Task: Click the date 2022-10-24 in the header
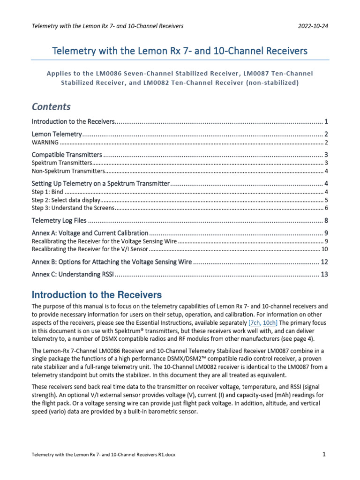pyautogui.click(x=313, y=26)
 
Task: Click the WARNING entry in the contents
pyautogui.click(x=45, y=142)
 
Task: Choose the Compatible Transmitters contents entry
pyautogui.click(x=67, y=155)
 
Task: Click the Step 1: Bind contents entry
pyautogui.click(x=47, y=192)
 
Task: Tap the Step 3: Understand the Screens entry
pyautogui.click(x=73, y=208)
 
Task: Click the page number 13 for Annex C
pyautogui.click(x=324, y=274)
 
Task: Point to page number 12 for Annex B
pyautogui.click(x=324, y=262)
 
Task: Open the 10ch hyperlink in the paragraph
pyautogui.click(x=270, y=322)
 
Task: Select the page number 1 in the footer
pyautogui.click(x=324, y=454)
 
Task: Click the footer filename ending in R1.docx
pyautogui.click(x=104, y=455)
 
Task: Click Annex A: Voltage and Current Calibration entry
pyautogui.click(x=90, y=233)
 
